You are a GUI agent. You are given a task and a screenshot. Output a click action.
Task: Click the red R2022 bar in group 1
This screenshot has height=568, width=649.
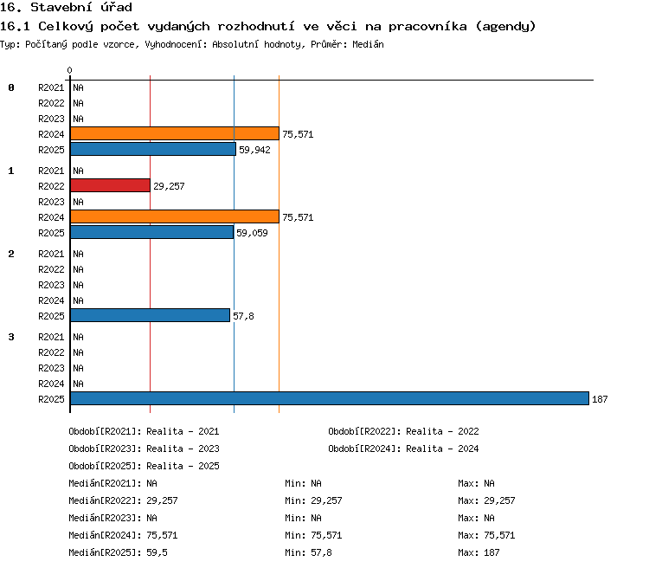click(110, 185)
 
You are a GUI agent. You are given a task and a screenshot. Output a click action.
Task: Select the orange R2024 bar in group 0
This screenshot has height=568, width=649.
click(175, 133)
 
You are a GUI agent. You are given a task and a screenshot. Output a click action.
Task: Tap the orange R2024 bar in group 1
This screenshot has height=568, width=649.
click(175, 216)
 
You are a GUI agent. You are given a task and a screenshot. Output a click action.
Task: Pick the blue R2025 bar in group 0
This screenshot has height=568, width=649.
click(153, 149)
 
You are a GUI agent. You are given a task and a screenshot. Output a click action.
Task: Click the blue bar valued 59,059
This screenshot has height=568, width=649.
click(152, 232)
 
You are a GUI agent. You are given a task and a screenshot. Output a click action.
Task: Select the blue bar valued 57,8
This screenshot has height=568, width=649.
click(151, 315)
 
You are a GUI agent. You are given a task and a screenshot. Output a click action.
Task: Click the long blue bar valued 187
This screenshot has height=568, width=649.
click(330, 398)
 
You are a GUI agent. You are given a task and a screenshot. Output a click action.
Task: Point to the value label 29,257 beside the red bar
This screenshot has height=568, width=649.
click(169, 186)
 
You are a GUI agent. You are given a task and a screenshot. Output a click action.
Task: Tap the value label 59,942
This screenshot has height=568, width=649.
click(254, 150)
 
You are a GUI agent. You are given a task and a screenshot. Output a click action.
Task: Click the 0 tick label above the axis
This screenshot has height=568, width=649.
click(69, 70)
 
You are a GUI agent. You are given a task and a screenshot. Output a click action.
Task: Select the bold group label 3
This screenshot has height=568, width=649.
click(11, 337)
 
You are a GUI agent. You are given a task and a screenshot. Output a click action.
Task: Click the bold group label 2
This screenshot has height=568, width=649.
click(11, 254)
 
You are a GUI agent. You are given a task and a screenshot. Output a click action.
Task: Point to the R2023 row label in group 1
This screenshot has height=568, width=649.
click(51, 202)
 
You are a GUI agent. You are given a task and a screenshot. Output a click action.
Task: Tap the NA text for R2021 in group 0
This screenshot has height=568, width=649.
click(78, 87)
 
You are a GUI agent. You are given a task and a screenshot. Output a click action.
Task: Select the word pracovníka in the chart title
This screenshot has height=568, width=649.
click(427, 27)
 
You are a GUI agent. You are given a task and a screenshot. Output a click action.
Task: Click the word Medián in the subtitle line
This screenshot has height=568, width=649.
click(368, 44)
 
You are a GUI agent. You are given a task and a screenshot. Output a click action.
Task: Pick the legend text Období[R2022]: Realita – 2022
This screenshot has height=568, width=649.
click(403, 431)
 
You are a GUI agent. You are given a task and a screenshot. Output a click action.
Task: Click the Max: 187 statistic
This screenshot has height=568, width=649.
click(479, 552)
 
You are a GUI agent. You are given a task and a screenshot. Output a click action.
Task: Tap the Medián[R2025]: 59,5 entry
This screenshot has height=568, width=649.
click(118, 552)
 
